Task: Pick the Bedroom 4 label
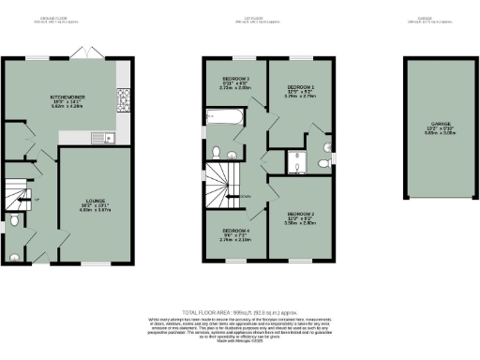pyautogui.click(x=234, y=234)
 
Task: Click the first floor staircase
pyautogui.click(x=223, y=181)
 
